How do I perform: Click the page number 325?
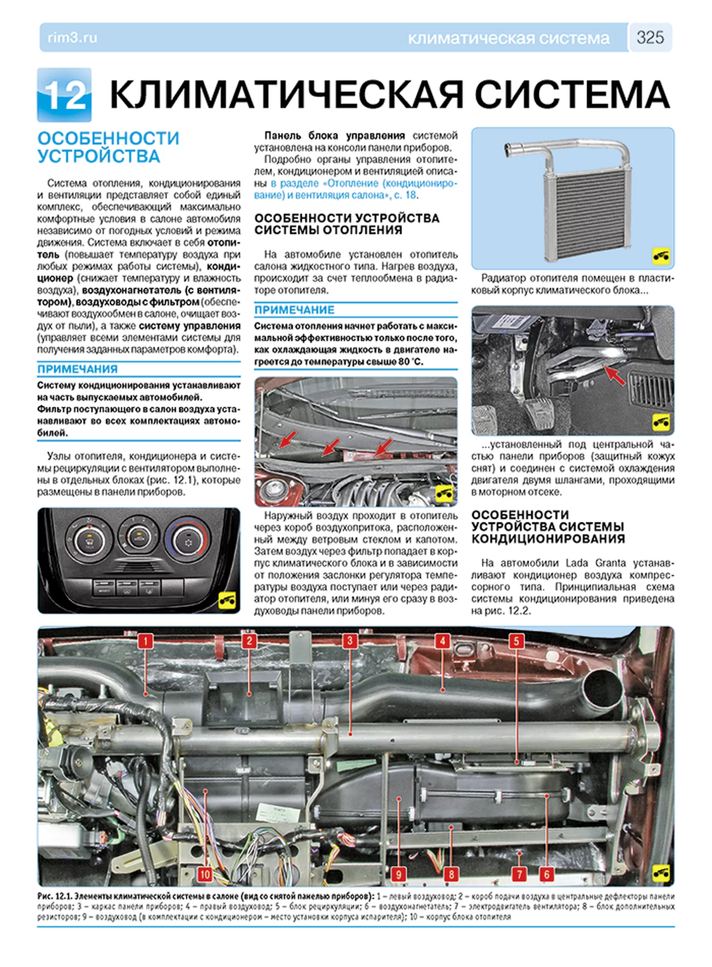650,37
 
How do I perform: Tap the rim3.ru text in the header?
72,38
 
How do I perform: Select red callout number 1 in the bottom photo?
145,641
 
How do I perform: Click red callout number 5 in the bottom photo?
516,641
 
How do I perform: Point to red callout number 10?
204,874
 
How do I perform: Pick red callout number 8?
451,874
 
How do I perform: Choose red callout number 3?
349,641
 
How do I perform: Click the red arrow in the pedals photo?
615,376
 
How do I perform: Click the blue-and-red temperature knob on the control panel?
188,541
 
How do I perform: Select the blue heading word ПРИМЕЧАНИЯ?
77,369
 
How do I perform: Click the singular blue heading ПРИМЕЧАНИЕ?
294,310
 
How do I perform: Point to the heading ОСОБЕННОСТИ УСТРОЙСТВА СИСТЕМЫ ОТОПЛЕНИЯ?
347,224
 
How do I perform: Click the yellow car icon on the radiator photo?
661,255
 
